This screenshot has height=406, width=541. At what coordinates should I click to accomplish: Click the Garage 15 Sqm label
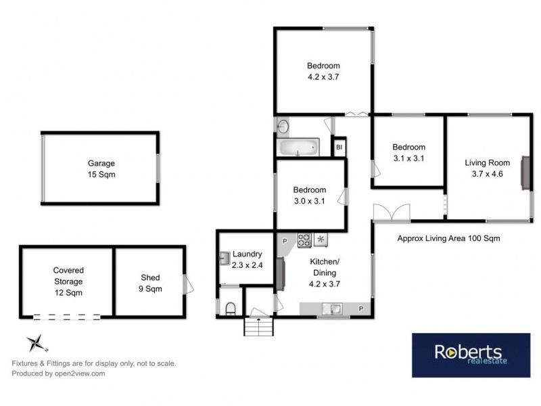point(101,168)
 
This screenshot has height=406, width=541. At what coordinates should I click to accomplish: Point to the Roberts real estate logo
point(467,355)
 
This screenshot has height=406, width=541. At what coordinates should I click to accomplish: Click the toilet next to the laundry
point(229,309)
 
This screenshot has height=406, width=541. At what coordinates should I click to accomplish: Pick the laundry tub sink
point(224,257)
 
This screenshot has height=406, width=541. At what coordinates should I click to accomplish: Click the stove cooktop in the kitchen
point(304,238)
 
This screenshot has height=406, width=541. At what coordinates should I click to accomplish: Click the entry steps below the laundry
point(260,328)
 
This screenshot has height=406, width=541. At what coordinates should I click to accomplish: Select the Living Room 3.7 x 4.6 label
point(486,167)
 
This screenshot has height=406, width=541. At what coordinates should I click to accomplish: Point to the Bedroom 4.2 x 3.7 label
point(323,71)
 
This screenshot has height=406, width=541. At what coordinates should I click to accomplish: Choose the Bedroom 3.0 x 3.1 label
point(309,195)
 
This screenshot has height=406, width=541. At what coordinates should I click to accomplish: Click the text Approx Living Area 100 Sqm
point(448,239)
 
